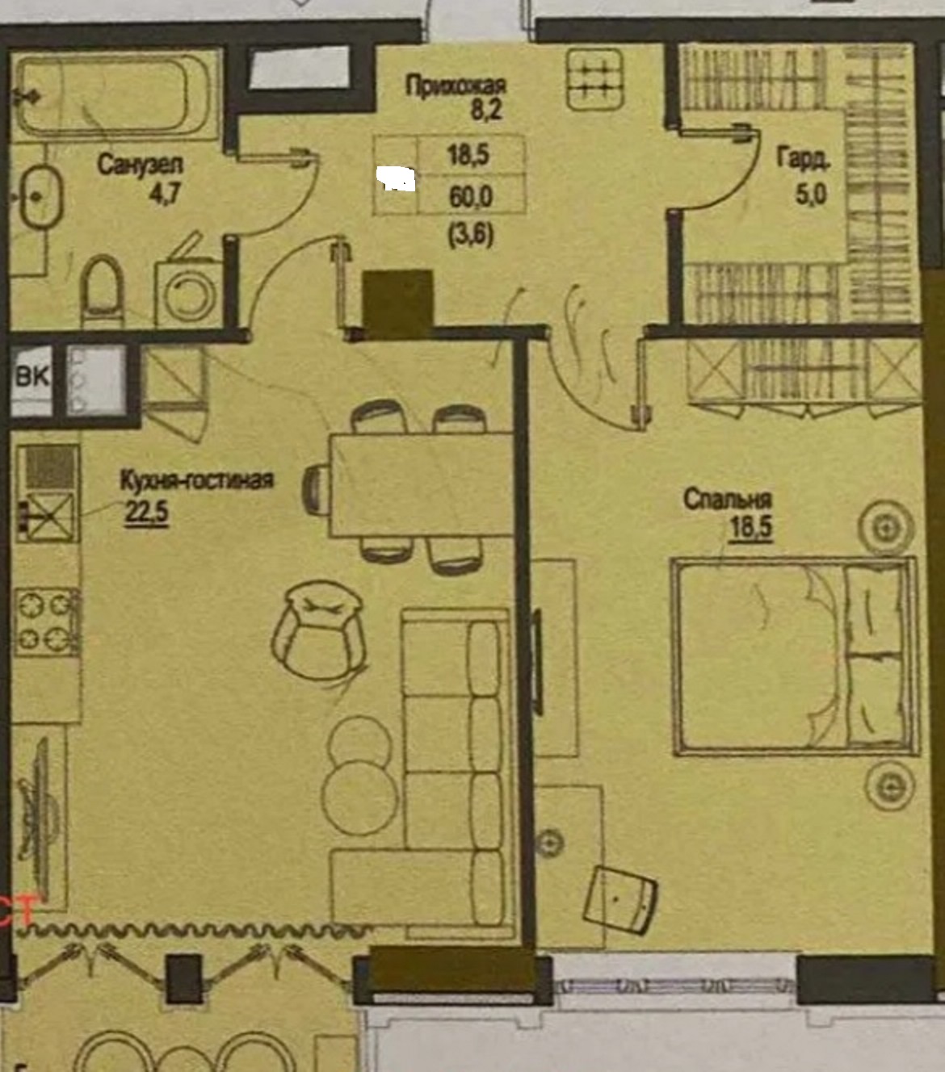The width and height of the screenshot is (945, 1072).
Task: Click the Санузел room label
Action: [x=140, y=165]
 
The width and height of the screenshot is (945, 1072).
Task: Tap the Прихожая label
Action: [x=456, y=86]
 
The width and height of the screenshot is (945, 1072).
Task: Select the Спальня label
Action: [x=728, y=500]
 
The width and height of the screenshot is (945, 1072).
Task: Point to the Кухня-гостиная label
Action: [x=197, y=480]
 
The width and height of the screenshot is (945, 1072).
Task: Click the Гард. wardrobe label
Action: [x=803, y=159]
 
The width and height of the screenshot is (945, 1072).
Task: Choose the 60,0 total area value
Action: [x=471, y=197]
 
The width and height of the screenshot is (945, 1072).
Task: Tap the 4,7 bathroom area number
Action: [x=166, y=195]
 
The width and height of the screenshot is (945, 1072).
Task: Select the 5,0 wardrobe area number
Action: [x=810, y=195]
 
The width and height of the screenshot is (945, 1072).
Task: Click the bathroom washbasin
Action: [x=42, y=197]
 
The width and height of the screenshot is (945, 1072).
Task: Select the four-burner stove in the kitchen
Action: [x=47, y=622]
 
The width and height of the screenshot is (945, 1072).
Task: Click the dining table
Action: [x=422, y=484]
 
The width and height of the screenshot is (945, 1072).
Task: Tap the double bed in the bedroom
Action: [x=794, y=655]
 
